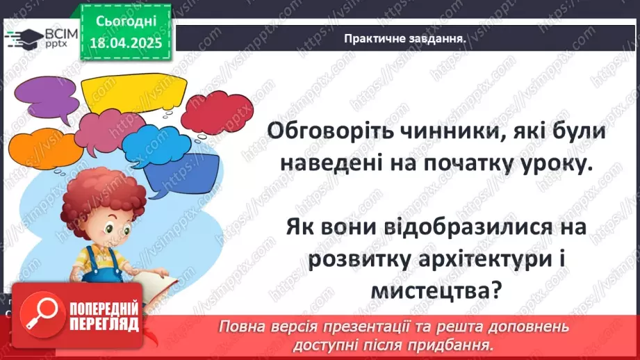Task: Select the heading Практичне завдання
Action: pos(404,39)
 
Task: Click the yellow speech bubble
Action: pos(133,91)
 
